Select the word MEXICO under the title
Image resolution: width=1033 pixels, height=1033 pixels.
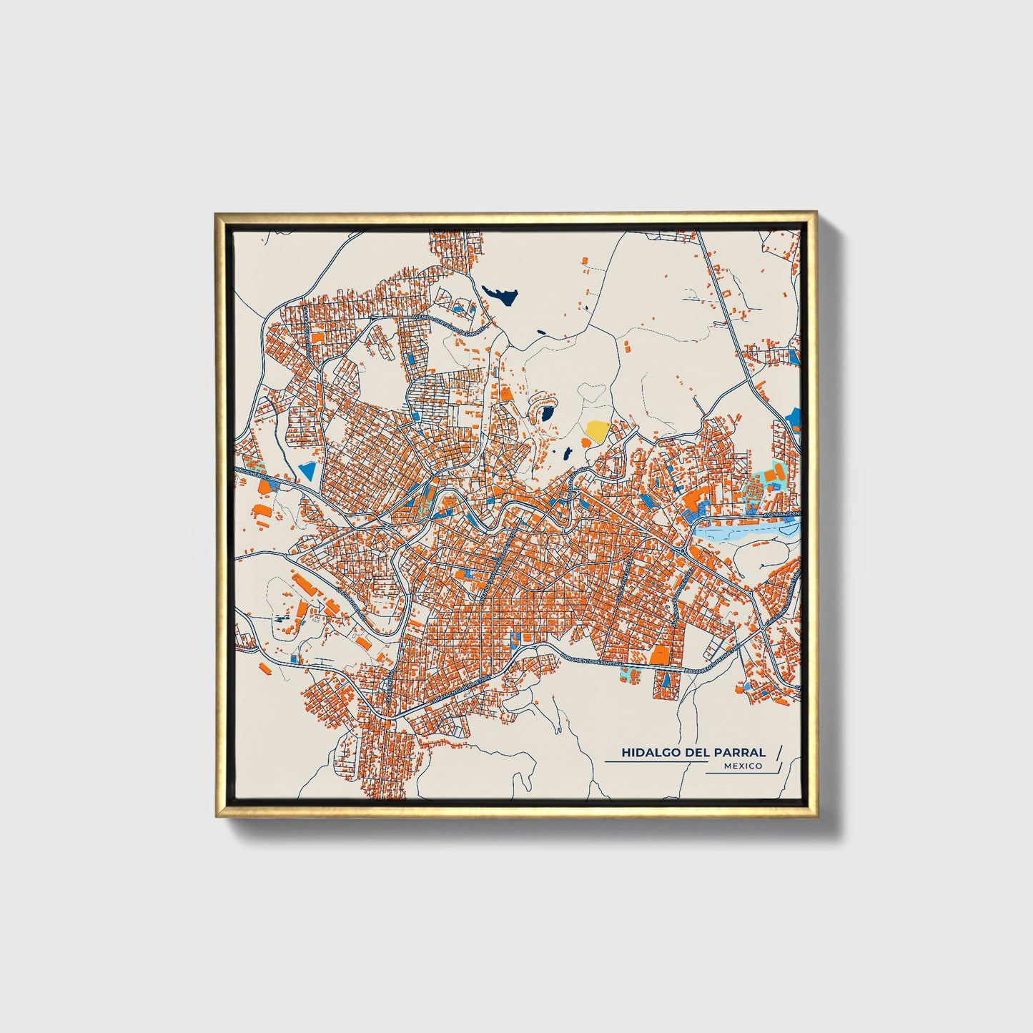click(x=742, y=766)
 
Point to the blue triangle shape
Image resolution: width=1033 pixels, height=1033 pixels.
click(x=308, y=470)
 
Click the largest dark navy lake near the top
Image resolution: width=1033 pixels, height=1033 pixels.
click(x=500, y=295)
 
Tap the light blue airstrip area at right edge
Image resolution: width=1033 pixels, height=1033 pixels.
click(x=747, y=531)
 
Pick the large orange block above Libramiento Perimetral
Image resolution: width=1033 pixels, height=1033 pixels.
click(x=659, y=655)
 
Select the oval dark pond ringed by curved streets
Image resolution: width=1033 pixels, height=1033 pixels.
click(x=546, y=414)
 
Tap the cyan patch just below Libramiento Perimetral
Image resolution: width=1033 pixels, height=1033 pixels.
click(x=629, y=673)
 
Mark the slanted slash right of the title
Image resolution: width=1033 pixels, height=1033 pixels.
click(x=779, y=751)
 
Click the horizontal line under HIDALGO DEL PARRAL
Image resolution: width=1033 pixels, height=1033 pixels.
click(x=654, y=762)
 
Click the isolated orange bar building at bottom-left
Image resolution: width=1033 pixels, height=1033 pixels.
click(x=265, y=668)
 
